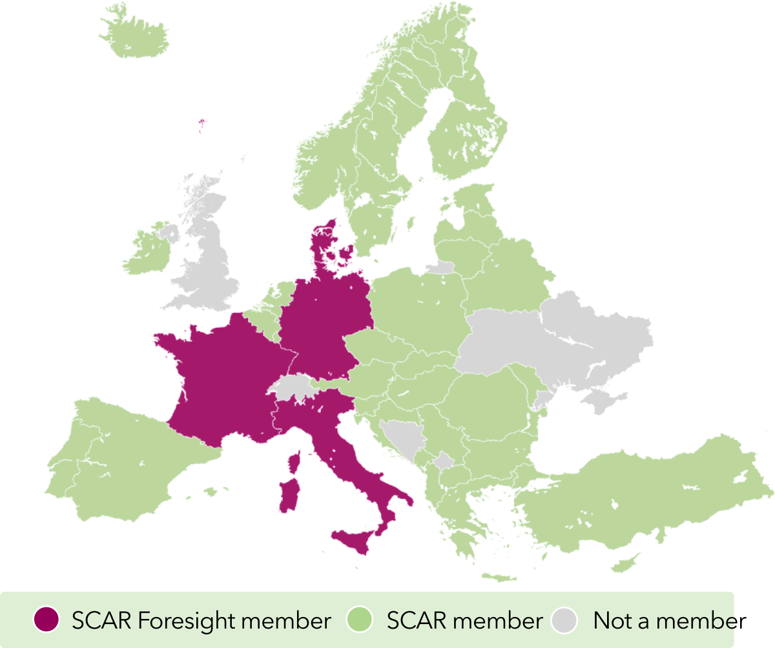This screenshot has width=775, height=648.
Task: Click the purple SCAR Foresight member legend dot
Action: click(46, 621)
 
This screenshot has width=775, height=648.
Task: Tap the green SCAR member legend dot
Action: click(360, 621)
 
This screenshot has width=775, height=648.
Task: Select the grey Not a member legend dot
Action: click(566, 621)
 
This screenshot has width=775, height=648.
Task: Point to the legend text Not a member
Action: click(669, 621)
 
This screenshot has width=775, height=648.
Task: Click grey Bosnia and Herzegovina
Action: click(402, 435)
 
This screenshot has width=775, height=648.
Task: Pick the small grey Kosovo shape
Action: click(444, 461)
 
